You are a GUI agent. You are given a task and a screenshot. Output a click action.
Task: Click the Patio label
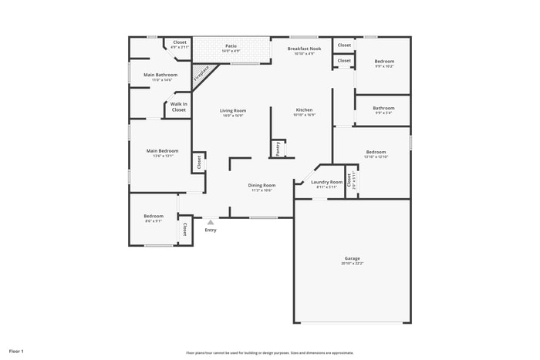click(x=231, y=46)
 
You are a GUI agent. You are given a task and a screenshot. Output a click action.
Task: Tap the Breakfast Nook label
click(x=304, y=49)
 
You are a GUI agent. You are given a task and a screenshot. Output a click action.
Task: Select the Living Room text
click(x=232, y=111)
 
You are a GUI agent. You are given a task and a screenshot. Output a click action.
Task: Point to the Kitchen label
click(x=304, y=110)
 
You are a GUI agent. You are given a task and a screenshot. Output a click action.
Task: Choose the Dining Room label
click(x=262, y=185)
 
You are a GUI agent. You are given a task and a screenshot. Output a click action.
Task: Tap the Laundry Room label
click(x=326, y=182)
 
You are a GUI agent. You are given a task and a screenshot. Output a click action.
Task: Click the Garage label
click(x=352, y=258)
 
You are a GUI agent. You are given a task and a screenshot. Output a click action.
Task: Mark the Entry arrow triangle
click(x=210, y=222)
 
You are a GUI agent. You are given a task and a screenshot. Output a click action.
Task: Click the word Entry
click(x=210, y=230)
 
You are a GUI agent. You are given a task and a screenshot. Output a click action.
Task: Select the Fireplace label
click(x=201, y=74)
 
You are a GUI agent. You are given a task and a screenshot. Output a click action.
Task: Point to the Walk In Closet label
click(x=178, y=107)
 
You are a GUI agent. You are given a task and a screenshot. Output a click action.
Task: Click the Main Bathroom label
click(x=160, y=75)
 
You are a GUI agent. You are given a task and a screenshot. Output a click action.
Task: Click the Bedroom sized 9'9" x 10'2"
click(x=384, y=61)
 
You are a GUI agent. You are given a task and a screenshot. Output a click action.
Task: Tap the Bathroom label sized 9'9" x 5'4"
click(x=383, y=108)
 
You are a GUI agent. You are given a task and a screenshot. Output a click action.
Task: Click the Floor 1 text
click(x=15, y=352)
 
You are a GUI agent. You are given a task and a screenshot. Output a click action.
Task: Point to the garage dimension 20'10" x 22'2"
click(x=352, y=264)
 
